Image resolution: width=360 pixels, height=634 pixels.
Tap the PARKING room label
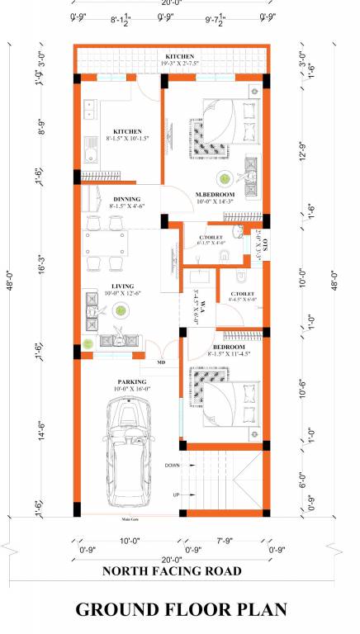point(128,381)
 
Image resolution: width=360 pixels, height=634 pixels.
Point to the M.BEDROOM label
point(215,195)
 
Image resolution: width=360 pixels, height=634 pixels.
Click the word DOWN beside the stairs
point(172,466)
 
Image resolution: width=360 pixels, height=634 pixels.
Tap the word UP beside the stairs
point(176,494)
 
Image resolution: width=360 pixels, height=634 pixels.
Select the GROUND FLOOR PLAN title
point(181,609)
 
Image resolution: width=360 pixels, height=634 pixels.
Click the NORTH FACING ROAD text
point(171,570)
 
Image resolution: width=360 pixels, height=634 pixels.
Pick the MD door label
point(162,362)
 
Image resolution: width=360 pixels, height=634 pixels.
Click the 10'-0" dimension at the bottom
point(131,541)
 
